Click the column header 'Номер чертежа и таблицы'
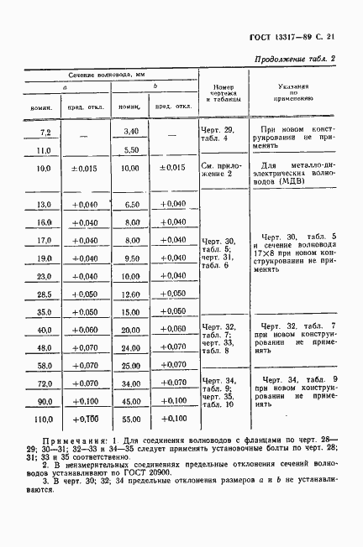tap(223, 92)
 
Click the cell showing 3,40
tap(129, 132)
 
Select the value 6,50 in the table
tap(130, 205)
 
